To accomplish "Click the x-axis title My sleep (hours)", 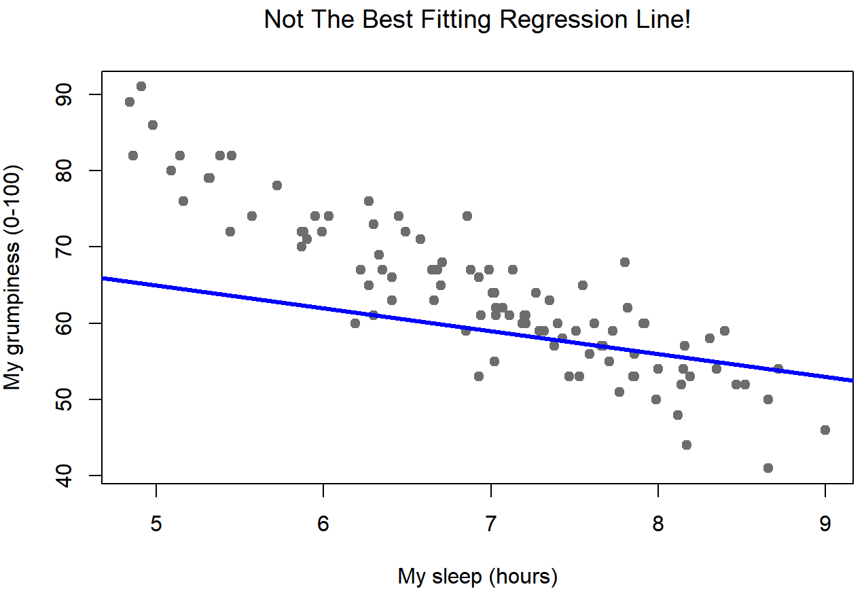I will tap(478, 577).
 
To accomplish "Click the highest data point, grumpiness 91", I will tap(141, 86).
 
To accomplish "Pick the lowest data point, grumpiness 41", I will tap(768, 468).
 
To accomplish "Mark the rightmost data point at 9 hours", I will tap(825, 430).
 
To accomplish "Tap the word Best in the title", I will tap(383, 20).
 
